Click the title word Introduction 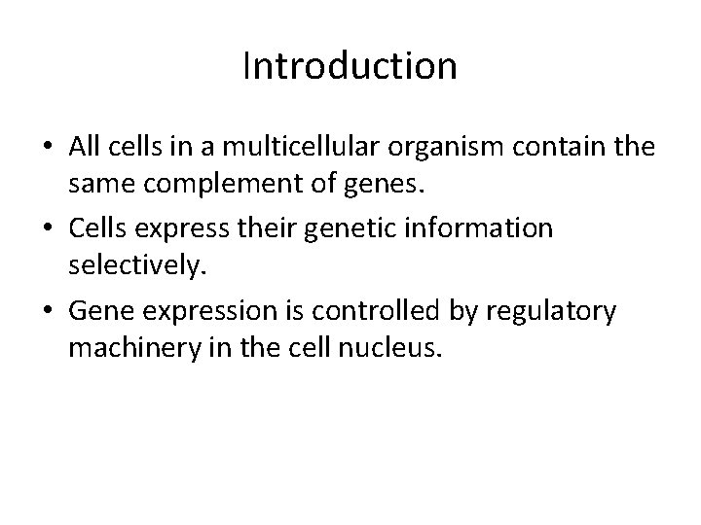pos(350,66)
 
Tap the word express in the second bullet pos(181,228)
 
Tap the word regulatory pos(556,312)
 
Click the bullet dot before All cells pos(45,148)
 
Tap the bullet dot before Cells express pos(45,230)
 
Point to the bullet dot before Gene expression pos(45,313)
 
